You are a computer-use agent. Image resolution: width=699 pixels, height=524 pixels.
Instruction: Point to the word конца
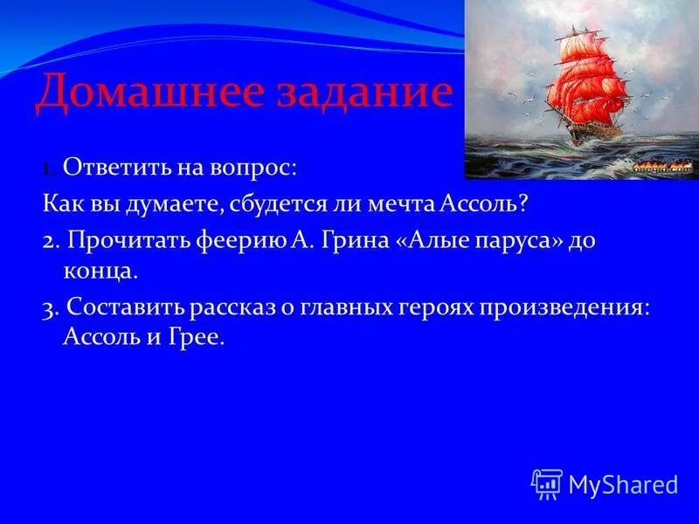pos(98,271)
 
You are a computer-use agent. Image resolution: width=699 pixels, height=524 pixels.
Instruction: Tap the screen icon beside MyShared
pos(546,483)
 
